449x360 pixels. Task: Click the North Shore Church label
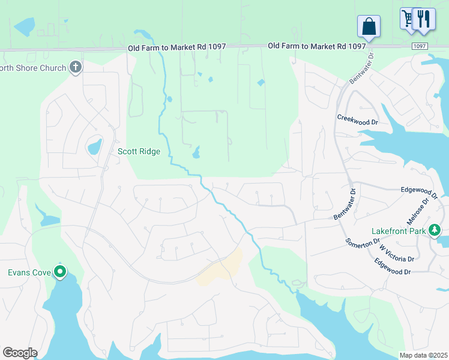pos(33,68)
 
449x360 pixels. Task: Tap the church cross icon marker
pos(76,67)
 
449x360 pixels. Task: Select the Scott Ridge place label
pos(139,152)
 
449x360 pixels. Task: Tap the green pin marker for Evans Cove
pos(60,272)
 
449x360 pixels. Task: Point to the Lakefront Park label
pos(399,230)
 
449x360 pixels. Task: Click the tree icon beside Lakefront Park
pos(435,230)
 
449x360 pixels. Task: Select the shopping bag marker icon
pos(369,26)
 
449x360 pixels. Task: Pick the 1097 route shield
pos(420,46)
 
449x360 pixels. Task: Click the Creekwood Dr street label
pos(357,119)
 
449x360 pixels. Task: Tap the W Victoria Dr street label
pos(397,254)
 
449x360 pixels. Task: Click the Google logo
pos(20,353)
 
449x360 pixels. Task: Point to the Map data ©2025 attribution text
pos(423,355)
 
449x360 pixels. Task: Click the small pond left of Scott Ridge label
pos(94,146)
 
